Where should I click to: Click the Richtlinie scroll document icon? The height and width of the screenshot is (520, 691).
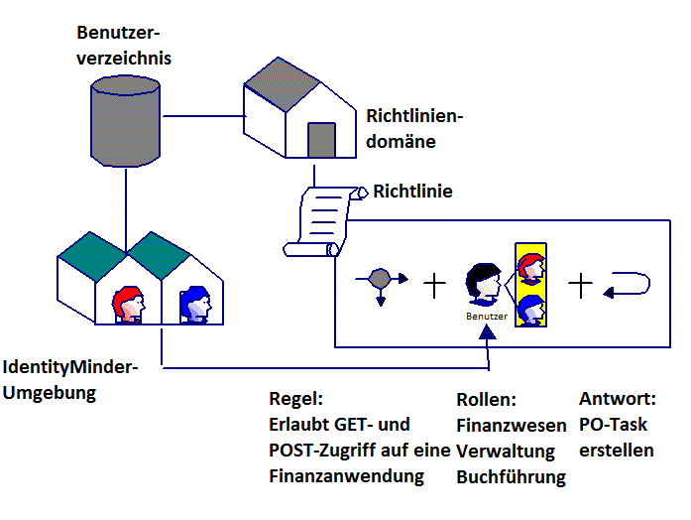[319, 219]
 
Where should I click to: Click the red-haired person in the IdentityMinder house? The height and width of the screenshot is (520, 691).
[128, 304]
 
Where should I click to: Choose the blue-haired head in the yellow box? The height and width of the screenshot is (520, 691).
[530, 310]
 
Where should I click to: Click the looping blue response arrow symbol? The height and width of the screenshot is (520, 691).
[628, 286]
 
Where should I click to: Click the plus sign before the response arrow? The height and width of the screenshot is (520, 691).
[580, 286]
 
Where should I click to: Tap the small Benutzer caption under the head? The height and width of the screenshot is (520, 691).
[486, 317]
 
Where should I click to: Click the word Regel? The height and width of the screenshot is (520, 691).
[296, 400]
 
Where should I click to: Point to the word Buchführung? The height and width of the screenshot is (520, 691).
[511, 477]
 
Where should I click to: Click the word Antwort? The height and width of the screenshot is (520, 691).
[618, 400]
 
